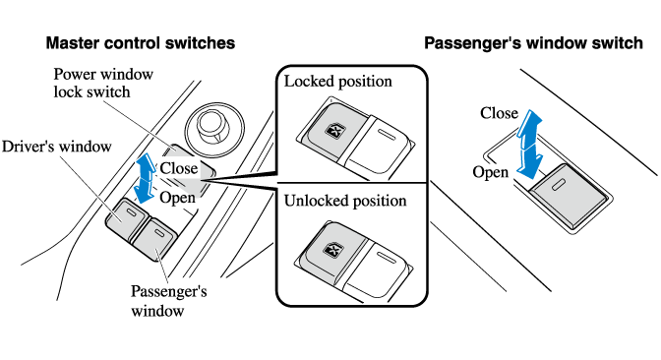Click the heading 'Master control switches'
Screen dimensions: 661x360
(x=141, y=43)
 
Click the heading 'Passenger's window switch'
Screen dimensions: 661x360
(x=533, y=43)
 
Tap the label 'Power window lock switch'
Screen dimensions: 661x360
(x=103, y=83)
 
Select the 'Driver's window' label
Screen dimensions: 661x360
(x=57, y=147)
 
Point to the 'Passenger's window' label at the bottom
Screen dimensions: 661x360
(x=168, y=301)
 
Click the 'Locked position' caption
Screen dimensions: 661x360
(x=338, y=82)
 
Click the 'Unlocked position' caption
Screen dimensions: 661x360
(x=345, y=201)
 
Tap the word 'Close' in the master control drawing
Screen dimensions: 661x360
(x=179, y=168)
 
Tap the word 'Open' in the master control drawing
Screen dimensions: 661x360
(x=177, y=198)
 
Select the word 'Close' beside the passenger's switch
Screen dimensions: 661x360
(x=499, y=113)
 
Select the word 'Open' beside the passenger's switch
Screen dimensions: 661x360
(x=490, y=172)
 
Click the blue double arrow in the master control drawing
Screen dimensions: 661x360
(x=146, y=178)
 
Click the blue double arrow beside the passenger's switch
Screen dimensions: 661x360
(x=529, y=145)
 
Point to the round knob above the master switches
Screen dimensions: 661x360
(x=215, y=128)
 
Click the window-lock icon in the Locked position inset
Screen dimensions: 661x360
(x=334, y=131)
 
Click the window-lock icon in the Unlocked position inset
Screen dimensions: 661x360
(x=331, y=251)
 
